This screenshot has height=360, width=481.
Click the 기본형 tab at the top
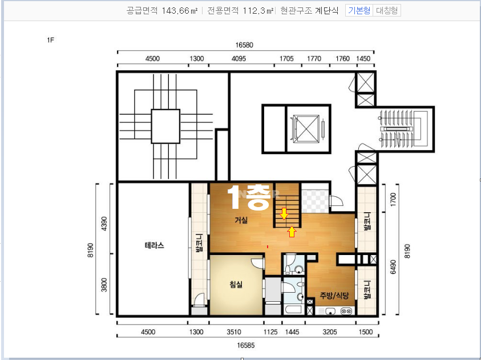pos(359,10)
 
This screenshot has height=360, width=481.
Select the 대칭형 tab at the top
pos(387,10)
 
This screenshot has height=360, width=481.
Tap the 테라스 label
pos(154,245)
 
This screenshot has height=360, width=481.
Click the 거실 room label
pos(241,220)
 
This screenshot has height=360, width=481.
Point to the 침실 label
pos(236,284)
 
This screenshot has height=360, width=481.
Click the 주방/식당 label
pos(334,296)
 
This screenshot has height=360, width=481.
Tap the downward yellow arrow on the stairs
pos(284,214)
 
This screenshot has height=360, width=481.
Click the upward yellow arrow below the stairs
pos(292,232)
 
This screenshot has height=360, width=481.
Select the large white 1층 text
pos(249,197)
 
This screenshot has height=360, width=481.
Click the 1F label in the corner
pos(51,40)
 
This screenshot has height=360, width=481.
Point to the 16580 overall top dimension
pos(244,45)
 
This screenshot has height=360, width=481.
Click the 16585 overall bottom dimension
pos(246,345)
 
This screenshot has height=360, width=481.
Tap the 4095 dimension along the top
pos(239,59)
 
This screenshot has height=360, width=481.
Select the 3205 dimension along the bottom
pos(330,332)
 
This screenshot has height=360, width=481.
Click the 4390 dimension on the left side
pos(104,224)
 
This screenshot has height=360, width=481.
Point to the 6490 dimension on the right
pos(393,267)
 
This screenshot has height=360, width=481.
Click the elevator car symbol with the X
pos(306,129)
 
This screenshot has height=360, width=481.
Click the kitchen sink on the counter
pos(330,312)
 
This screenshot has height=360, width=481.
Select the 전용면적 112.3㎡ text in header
pos(240,11)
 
